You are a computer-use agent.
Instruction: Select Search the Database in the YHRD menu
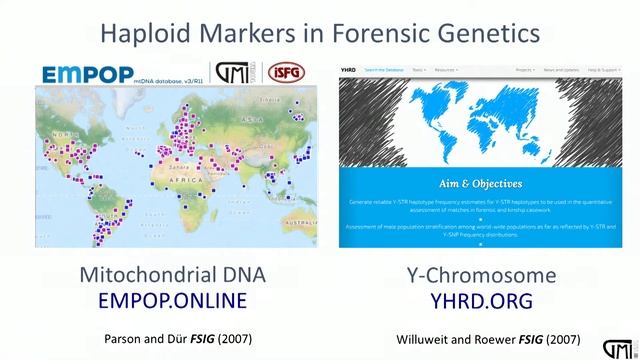[384, 69]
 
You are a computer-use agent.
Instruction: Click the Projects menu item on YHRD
[523, 69]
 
